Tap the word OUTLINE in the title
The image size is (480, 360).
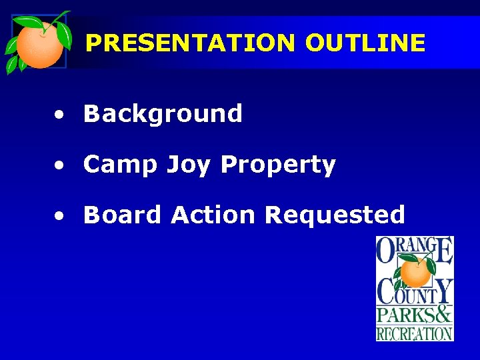tap(365, 43)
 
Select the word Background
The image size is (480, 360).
tap(163, 114)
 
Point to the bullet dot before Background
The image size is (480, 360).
tap(60, 116)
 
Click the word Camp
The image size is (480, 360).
tap(117, 164)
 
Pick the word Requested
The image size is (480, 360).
tap(335, 215)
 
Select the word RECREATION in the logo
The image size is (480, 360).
tap(415, 333)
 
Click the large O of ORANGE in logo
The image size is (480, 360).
tap(387, 252)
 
